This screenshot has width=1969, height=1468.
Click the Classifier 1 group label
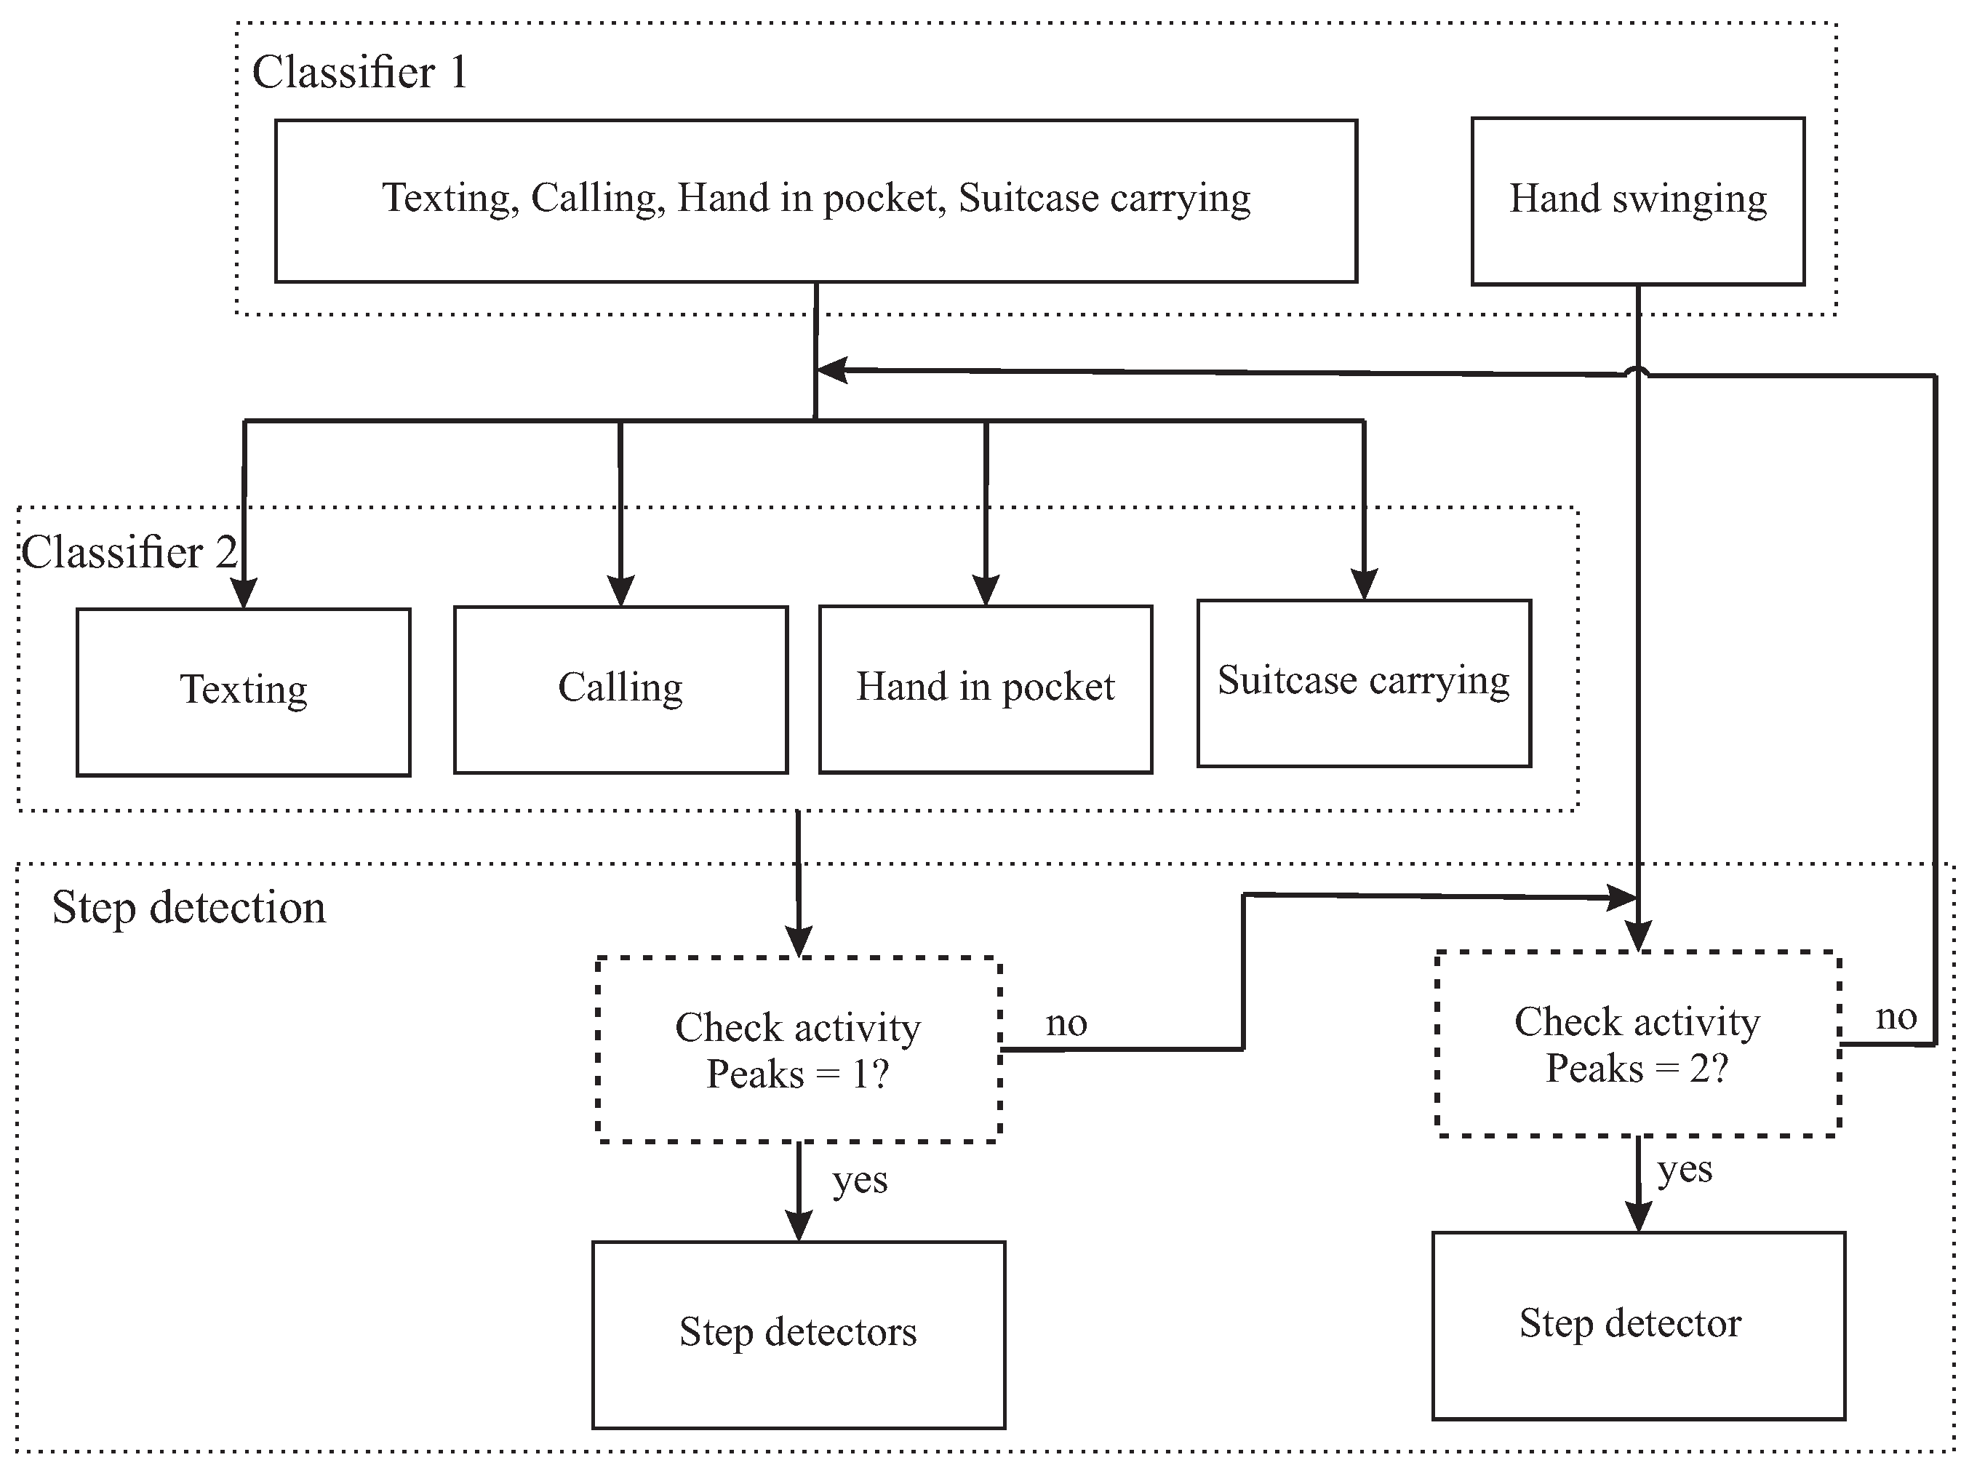point(360,73)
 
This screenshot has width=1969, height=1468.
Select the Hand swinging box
point(1637,201)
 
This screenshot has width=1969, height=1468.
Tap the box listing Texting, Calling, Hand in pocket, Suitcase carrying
point(815,201)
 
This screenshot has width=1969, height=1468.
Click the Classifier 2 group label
point(129,553)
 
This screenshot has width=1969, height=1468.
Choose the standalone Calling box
point(620,689)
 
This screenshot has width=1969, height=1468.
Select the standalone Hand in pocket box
point(985,689)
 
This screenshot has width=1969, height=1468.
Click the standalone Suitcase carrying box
point(1363,682)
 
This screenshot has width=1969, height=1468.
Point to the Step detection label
point(188,908)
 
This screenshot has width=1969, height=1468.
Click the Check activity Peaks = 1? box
point(798,1050)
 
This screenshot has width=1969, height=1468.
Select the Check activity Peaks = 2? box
point(1637,1044)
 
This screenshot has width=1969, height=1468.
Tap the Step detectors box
point(798,1333)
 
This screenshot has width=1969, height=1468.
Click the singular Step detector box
point(1637,1324)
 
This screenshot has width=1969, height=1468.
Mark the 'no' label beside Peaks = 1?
point(1066,1024)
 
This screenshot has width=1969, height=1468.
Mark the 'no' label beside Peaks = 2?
point(1896,1018)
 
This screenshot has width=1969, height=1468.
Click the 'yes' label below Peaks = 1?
point(859,1181)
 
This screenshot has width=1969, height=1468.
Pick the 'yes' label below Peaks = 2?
point(1685,1170)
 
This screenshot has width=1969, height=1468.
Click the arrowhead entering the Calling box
point(620,591)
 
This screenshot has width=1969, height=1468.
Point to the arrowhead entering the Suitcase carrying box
point(1364,584)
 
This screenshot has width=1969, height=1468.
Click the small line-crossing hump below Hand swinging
point(1637,372)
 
